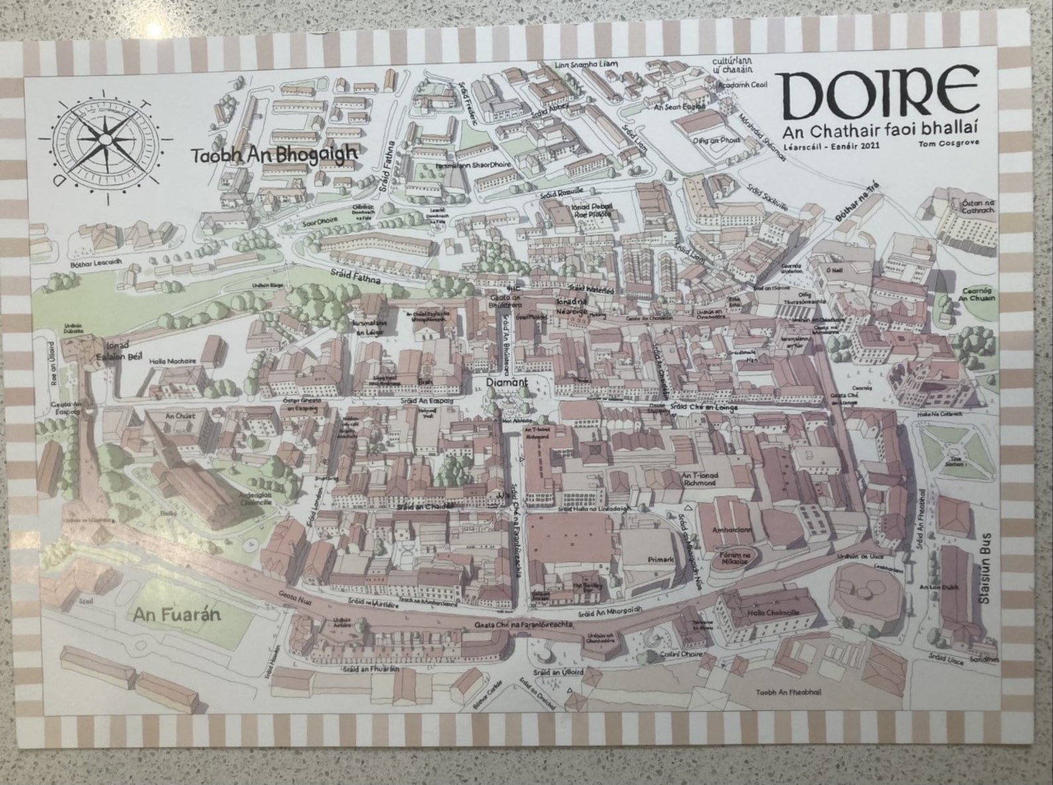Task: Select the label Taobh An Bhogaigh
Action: click(274, 154)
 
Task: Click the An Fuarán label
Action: click(176, 615)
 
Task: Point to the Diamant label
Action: click(506, 383)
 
